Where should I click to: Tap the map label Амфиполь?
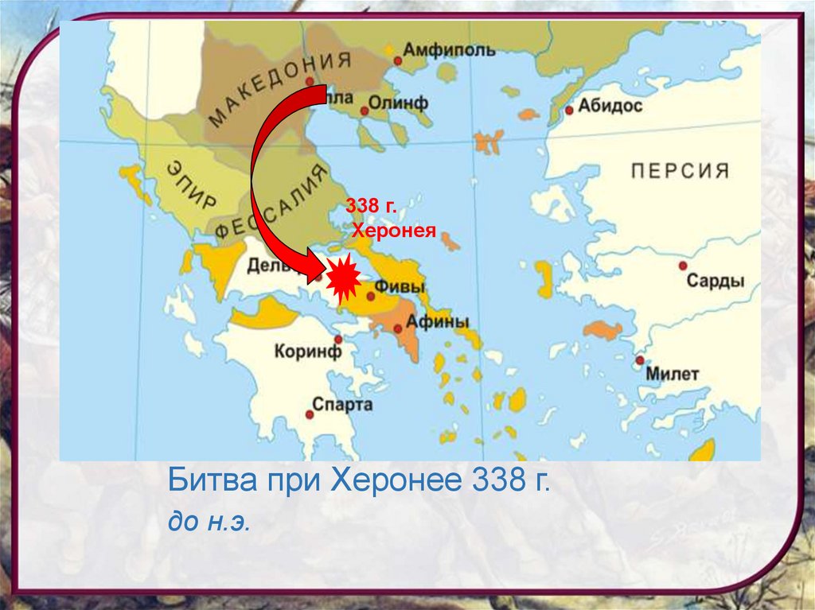pyautogui.click(x=449, y=50)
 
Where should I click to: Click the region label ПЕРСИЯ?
pyautogui.click(x=680, y=170)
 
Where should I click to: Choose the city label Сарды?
pyautogui.click(x=716, y=281)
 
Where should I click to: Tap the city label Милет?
pyautogui.click(x=673, y=374)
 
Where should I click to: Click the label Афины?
pyautogui.click(x=438, y=321)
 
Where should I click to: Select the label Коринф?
pyautogui.click(x=307, y=351)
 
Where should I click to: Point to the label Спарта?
pyautogui.click(x=342, y=405)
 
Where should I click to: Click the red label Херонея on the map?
pyautogui.click(x=394, y=231)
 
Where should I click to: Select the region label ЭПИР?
pyautogui.click(x=191, y=184)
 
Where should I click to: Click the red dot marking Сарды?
pyautogui.click(x=683, y=266)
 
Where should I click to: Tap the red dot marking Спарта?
pyautogui.click(x=309, y=414)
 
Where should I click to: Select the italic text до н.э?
pyautogui.click(x=209, y=523)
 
